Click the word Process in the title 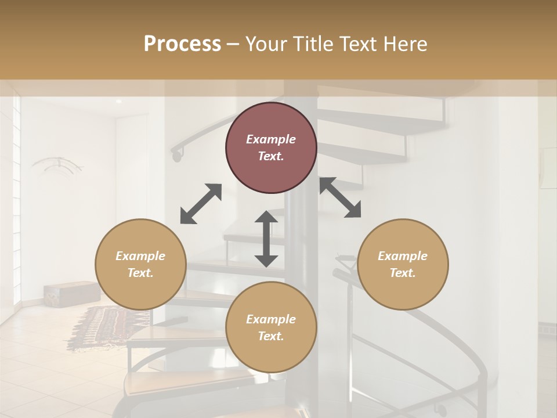(x=182, y=44)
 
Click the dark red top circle (x=271, y=148)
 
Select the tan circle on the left (x=140, y=264)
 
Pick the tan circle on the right (x=403, y=264)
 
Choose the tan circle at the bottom (x=271, y=327)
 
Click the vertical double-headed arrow (x=266, y=239)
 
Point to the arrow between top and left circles (x=201, y=204)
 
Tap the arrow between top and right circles (x=340, y=197)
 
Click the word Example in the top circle (x=271, y=139)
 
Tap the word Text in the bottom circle (x=271, y=336)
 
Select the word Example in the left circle (x=140, y=256)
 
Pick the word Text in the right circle (x=403, y=273)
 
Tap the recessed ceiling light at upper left (x=119, y=102)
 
